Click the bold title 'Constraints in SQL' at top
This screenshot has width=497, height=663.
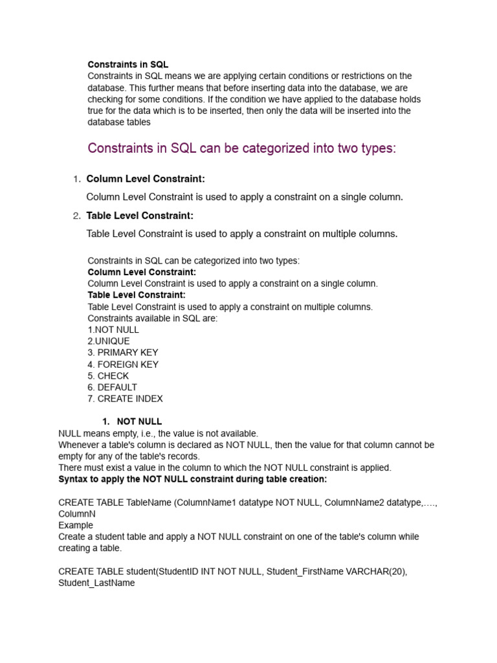127,65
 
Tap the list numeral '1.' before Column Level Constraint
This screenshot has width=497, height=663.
76,179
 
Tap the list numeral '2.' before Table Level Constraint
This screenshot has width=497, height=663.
76,216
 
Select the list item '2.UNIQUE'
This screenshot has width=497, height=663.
109,341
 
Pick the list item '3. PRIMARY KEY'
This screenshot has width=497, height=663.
123,353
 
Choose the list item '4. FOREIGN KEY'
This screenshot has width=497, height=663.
123,365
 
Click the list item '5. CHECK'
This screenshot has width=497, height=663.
108,376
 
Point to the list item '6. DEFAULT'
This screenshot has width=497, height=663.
113,388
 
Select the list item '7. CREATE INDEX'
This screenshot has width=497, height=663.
125,399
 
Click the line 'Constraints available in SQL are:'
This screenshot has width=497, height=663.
153,318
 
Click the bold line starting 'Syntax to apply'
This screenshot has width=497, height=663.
193,479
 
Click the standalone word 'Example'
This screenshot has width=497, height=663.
76,525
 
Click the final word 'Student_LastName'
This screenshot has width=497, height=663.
96,583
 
